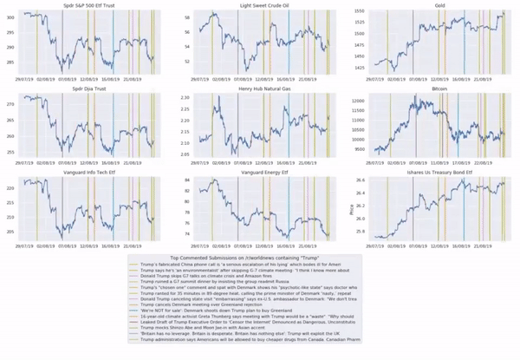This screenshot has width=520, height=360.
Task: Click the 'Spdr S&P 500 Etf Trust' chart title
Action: pos(85,5)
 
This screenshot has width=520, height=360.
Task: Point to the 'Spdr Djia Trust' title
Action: pos(85,88)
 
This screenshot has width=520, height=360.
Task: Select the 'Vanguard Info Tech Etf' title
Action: pos(85,173)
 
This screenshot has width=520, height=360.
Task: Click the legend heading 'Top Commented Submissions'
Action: pos(260,259)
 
